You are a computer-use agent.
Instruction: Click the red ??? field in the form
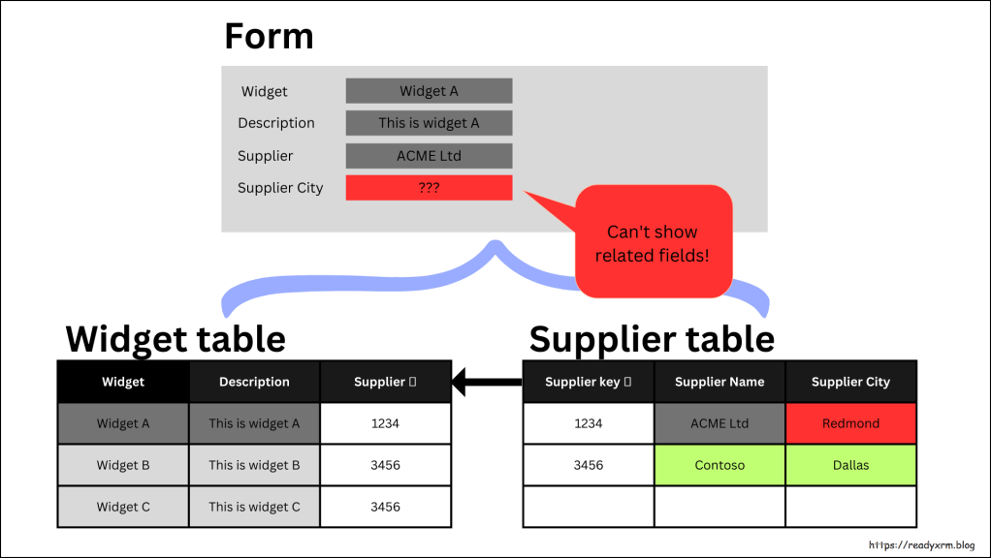(x=429, y=188)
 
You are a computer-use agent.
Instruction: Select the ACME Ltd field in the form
(x=429, y=156)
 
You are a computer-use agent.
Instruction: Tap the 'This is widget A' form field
(x=429, y=123)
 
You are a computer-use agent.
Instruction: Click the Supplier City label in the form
(x=280, y=188)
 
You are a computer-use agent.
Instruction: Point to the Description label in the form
(x=276, y=123)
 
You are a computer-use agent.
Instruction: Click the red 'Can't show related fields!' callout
(x=653, y=242)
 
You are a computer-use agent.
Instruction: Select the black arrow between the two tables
(x=488, y=382)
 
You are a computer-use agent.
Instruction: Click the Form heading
(x=269, y=37)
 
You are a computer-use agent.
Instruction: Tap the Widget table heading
(x=176, y=339)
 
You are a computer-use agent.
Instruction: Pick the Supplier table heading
(x=652, y=339)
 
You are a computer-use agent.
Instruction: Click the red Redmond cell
(x=850, y=423)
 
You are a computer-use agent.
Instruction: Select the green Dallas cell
(x=850, y=465)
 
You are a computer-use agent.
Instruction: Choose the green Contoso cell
(x=719, y=465)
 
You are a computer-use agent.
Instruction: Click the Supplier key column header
(x=588, y=382)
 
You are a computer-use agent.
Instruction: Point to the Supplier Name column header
(x=719, y=382)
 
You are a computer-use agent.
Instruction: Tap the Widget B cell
(x=123, y=465)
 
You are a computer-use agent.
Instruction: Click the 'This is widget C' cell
(x=254, y=507)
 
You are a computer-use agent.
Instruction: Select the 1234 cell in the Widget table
(x=385, y=423)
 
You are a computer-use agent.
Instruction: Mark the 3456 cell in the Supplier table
(x=588, y=465)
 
